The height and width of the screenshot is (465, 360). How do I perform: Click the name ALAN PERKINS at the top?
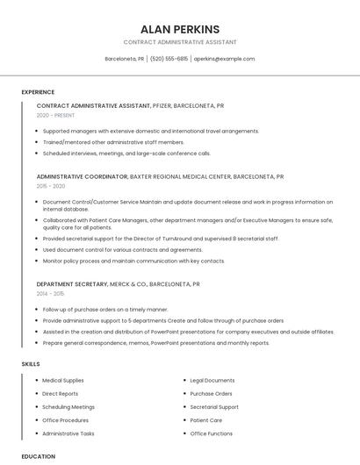pos(180,29)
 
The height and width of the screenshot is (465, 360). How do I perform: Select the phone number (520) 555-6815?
pos(169,59)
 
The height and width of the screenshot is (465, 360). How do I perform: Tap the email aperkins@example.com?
pos(224,59)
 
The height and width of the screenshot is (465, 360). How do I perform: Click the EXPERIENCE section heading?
pos(38,92)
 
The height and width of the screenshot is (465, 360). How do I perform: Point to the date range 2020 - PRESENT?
pos(55,115)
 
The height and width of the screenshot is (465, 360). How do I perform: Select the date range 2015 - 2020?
pos(51,186)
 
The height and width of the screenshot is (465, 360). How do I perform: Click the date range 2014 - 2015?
pos(51,294)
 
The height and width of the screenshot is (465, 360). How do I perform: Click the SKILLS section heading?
pos(31,363)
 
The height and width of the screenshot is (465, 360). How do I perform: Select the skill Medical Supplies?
pos(63,381)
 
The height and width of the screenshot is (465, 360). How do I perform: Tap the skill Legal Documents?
pos(212,381)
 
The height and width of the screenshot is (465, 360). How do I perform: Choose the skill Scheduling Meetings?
pos(68,407)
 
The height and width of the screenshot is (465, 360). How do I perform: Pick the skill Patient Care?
pos(206,420)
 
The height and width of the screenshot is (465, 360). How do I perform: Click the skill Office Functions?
pos(212,433)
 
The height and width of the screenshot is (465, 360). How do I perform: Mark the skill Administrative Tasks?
pos(68,433)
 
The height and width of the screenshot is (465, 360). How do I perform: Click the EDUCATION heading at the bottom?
pos(38,456)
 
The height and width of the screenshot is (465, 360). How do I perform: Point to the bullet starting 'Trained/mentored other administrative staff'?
pos(113,142)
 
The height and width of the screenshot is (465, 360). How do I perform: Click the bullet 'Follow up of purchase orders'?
pos(105,310)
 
